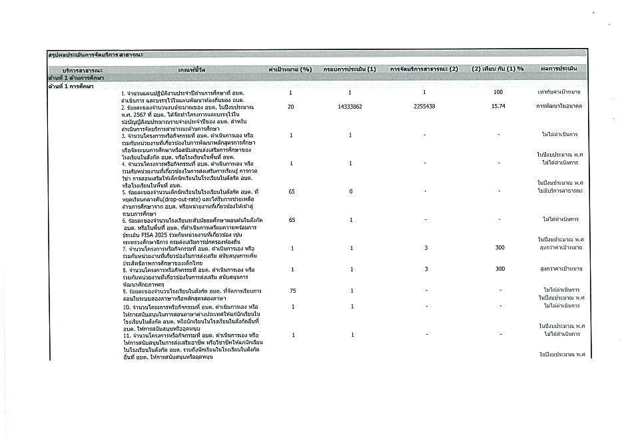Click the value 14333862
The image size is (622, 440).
(350, 107)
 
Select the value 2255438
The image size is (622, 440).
(424, 107)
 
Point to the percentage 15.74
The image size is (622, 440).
(497, 107)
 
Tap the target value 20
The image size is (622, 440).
(290, 107)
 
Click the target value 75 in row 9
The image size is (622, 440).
(290, 291)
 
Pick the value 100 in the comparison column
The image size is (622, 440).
(498, 92)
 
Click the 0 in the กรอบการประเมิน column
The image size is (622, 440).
(350, 191)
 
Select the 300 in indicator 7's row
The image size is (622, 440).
(498, 248)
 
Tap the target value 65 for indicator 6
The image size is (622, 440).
(290, 219)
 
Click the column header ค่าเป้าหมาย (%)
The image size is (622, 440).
(290, 69)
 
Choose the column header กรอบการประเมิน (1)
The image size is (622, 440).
(350, 69)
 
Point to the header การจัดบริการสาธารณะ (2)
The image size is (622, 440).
(424, 69)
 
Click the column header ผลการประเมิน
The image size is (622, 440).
(559, 69)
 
